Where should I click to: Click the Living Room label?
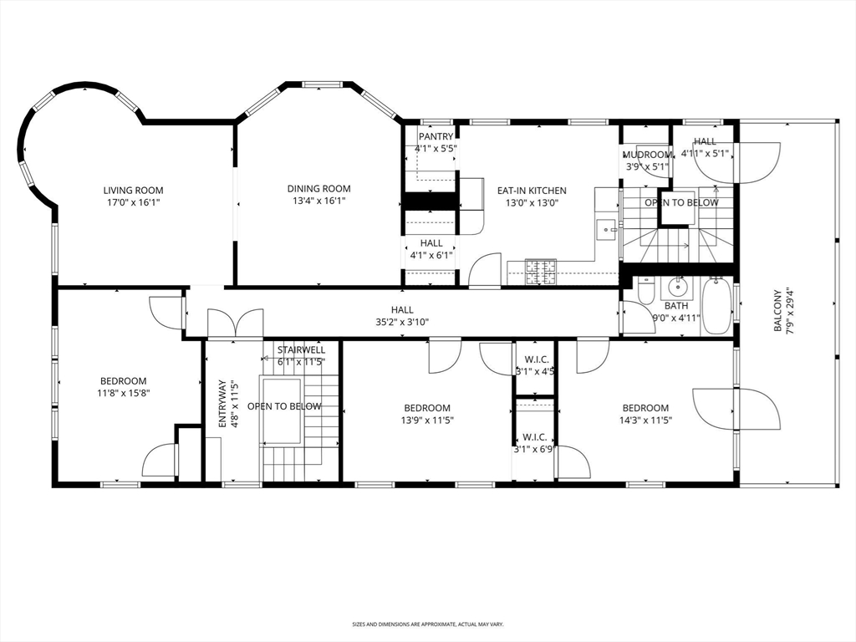[133, 190]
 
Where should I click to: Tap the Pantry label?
[436, 136]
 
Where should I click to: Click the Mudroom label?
[647, 155]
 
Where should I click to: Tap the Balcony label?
[777, 311]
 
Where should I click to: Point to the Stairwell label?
[301, 349]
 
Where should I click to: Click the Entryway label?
[222, 404]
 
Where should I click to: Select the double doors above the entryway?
[235, 324]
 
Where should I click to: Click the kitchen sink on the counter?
[605, 227]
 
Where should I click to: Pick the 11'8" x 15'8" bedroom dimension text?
[124, 393]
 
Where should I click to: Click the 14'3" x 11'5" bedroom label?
[645, 409]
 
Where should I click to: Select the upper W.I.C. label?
[534, 359]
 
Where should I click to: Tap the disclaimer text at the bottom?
[427, 624]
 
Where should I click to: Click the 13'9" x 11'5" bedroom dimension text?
[425, 420]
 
